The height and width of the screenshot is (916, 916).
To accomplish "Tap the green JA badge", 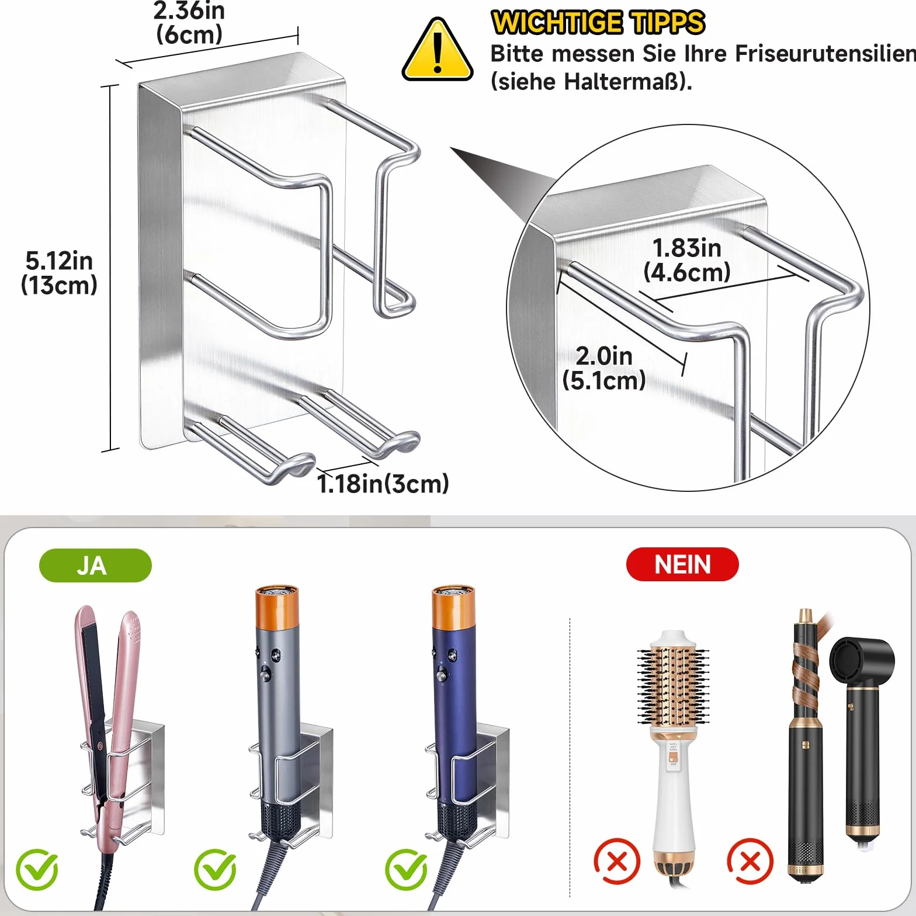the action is point(95,565).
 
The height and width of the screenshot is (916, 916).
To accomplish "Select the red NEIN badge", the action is point(682,564).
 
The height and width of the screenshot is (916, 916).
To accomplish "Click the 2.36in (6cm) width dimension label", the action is point(189,22).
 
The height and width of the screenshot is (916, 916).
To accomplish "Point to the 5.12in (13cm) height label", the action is point(59,273).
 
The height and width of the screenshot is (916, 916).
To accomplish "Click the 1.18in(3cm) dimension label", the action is point(383,484).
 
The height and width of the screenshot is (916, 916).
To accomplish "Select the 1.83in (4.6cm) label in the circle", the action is point(687,260).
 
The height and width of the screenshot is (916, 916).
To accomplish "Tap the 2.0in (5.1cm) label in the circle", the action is point(604,368).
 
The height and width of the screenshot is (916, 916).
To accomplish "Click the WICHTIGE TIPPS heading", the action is point(598,23).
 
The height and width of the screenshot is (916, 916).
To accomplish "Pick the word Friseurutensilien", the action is point(825,54).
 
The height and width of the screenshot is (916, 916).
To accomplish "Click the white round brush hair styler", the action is point(674,754).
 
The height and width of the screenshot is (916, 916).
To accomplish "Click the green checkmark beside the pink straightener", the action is point(37,870).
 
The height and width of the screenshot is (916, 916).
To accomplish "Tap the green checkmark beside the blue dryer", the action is point(406,870).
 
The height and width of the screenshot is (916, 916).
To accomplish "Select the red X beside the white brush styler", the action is point(617,861).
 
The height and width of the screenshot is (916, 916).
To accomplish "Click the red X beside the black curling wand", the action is point(750,861).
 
